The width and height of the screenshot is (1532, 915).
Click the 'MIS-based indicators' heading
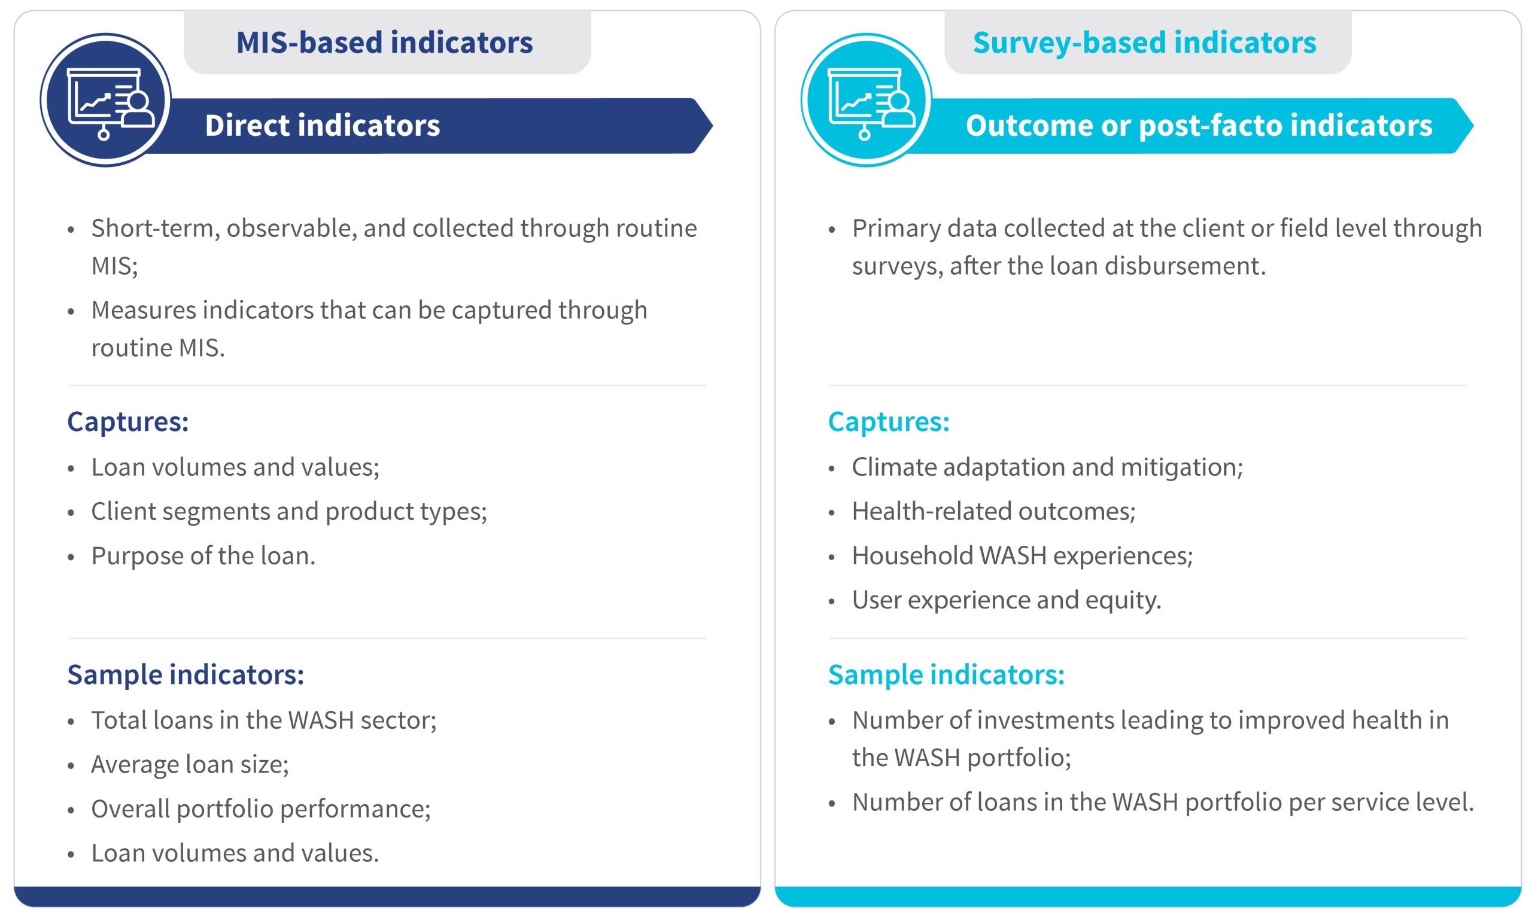coord(385,42)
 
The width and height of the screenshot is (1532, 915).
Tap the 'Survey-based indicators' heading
coord(1145,42)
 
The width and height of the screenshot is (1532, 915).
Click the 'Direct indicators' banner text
coord(323,125)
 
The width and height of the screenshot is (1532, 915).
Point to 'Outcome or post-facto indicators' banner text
coord(1199,126)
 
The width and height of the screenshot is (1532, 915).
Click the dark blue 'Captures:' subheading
coord(128,422)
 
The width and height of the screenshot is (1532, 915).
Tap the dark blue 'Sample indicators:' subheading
coord(186,674)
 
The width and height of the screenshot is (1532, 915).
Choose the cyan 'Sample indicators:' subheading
coord(946,674)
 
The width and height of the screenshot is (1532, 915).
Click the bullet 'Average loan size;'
coord(190,765)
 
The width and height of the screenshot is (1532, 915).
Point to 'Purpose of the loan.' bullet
coord(203,555)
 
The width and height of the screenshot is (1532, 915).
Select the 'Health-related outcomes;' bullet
coord(994,511)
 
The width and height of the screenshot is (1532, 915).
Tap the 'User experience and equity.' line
coord(1007,600)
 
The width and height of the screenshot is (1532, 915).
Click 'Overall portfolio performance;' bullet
coord(262,809)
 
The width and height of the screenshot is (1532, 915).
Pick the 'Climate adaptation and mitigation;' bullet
coord(1047,467)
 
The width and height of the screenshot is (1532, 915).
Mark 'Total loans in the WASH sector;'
coord(264,720)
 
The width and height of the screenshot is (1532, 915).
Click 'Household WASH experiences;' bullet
coord(1023,555)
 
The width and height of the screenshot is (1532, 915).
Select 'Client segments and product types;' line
coord(289,512)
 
